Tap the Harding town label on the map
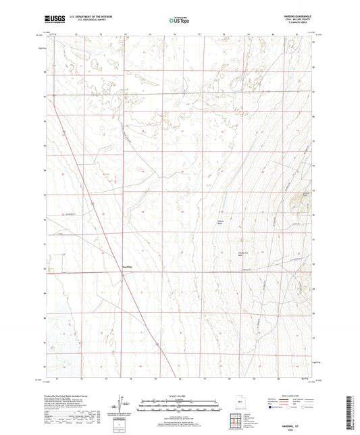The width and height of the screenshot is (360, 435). point(126,266)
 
